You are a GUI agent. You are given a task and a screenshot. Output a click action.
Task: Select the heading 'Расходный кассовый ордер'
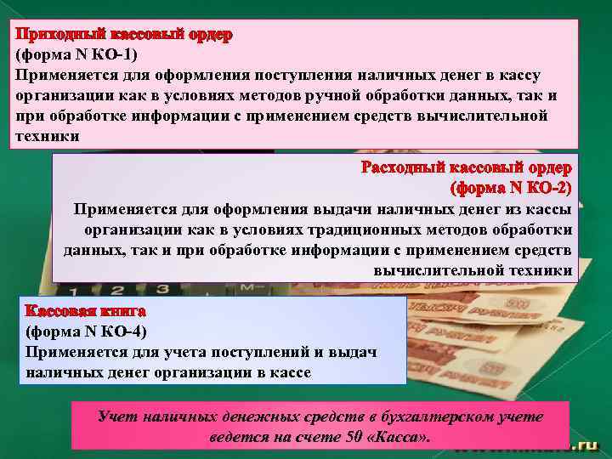(x=468, y=167)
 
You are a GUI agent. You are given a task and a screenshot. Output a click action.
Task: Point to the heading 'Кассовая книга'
(x=86, y=312)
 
